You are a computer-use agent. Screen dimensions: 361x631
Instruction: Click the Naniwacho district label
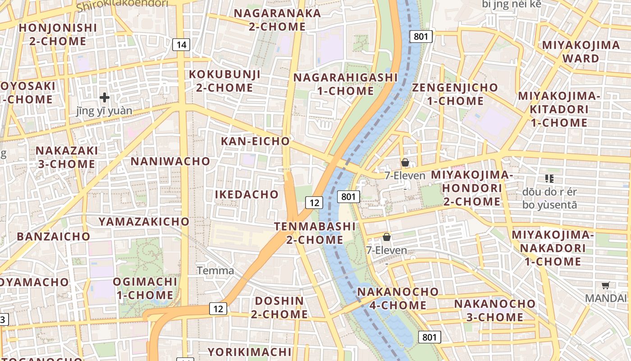(x=170, y=161)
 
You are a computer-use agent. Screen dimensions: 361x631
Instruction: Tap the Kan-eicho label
(x=255, y=141)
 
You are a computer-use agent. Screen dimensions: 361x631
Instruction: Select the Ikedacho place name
(x=247, y=194)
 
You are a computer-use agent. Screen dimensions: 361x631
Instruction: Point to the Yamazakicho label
(x=144, y=222)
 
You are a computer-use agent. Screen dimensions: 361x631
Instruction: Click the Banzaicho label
(x=54, y=236)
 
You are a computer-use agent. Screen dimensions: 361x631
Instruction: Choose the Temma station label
(x=216, y=271)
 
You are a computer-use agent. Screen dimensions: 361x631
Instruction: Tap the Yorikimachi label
(x=249, y=352)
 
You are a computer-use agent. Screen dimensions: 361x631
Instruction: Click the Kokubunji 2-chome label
(x=224, y=81)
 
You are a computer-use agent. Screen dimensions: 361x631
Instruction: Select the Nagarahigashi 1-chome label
(x=346, y=84)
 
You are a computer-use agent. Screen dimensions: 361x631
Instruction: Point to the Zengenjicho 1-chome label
(x=455, y=94)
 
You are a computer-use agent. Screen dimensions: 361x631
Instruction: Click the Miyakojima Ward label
(x=581, y=51)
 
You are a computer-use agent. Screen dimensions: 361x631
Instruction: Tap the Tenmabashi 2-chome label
(x=315, y=233)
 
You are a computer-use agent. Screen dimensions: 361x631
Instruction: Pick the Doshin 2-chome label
(x=279, y=307)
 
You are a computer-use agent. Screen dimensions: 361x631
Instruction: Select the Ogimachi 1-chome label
(x=145, y=288)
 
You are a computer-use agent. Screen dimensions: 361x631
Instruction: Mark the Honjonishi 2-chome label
(x=58, y=34)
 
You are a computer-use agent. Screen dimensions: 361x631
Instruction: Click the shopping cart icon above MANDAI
(x=606, y=285)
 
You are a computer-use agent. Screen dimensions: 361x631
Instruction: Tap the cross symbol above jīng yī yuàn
(x=105, y=97)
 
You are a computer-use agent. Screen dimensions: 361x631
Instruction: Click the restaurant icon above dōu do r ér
(x=549, y=179)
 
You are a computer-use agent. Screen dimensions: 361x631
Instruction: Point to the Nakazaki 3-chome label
(x=67, y=157)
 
